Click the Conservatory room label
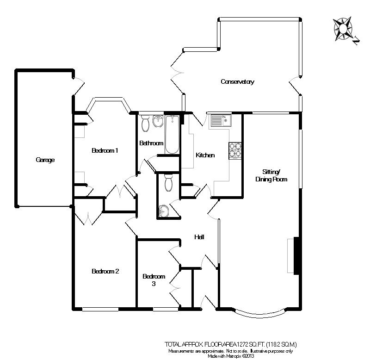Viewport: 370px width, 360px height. pos(238,82)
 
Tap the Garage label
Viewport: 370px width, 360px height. pos(45,160)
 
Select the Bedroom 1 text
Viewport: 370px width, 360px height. pos(105,150)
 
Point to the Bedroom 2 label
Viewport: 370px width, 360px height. pos(105,272)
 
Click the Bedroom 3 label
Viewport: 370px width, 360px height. pos(154,280)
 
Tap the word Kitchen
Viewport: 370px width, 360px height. pos(205,155)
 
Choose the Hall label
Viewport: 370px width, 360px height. pos(200,237)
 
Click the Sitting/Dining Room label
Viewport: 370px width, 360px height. pos(271,175)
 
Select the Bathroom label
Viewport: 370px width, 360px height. pos(151,143)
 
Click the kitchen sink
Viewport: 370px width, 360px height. pos(220,121)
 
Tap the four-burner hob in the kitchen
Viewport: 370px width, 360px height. pos(235,150)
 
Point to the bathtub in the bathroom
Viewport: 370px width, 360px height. pos(172,134)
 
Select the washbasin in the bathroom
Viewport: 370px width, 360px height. pos(158,121)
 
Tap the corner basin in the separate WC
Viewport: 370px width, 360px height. pos(163,211)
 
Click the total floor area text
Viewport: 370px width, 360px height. pos(231,344)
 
